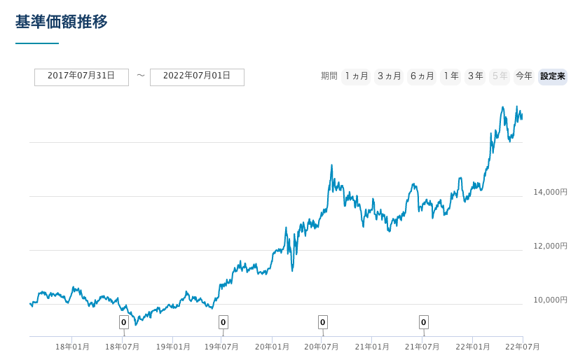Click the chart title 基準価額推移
click(x=62, y=22)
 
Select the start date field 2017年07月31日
click(x=81, y=76)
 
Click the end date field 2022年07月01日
click(x=197, y=76)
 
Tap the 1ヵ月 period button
click(x=356, y=76)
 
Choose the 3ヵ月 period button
click(x=389, y=76)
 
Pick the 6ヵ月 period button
click(x=422, y=76)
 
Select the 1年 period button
click(x=450, y=76)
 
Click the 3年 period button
click(x=475, y=76)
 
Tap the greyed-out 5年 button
click(x=500, y=76)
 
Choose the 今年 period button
click(x=523, y=76)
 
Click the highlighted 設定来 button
click(x=552, y=76)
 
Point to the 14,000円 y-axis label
click(x=550, y=192)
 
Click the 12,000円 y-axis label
click(x=550, y=246)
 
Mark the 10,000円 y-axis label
click(x=550, y=300)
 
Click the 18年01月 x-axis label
click(x=72, y=347)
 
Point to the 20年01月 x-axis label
click(x=272, y=347)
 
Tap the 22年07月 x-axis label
click(x=522, y=347)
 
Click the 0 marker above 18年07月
click(x=123, y=322)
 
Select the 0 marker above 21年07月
click(x=423, y=322)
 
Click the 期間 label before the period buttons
click(x=329, y=76)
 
